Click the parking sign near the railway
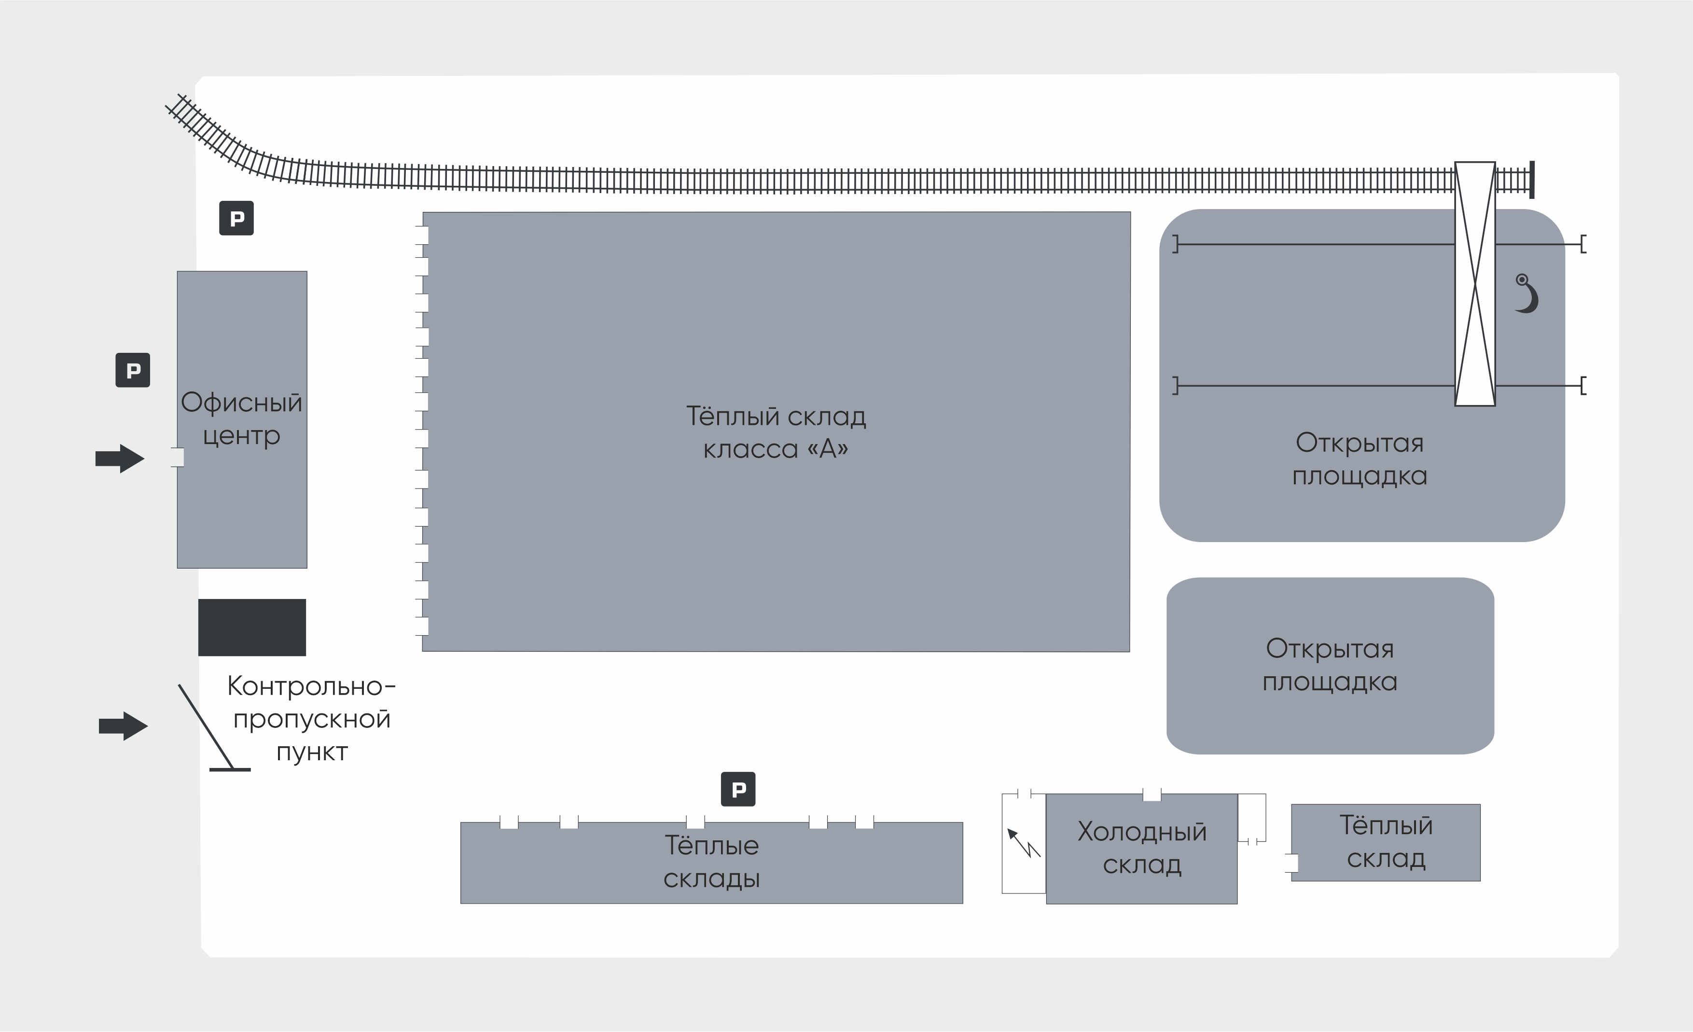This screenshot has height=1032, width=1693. [236, 219]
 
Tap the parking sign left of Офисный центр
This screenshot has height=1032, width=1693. [133, 370]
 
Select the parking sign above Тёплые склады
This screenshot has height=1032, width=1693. [738, 790]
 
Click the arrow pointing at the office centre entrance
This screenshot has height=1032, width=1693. [120, 458]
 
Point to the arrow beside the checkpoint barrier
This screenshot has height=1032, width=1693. [124, 725]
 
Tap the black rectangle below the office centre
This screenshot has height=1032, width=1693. [252, 628]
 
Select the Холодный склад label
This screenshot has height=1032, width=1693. [1142, 848]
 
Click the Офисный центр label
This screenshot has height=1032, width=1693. [241, 418]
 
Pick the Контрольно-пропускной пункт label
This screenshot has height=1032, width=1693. [311, 719]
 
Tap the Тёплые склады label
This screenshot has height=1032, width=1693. [712, 862]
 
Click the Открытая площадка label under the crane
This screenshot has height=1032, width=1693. [1360, 459]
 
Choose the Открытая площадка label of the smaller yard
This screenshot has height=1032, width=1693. [1330, 665]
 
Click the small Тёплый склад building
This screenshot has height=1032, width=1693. [1386, 842]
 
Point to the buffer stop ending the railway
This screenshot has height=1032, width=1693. [1531, 180]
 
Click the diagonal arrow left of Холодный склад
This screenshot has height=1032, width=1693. [1024, 843]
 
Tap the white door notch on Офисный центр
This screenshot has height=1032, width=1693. [177, 457]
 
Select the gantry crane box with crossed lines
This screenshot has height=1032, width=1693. [1475, 284]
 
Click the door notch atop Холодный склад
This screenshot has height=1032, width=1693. [1152, 795]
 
